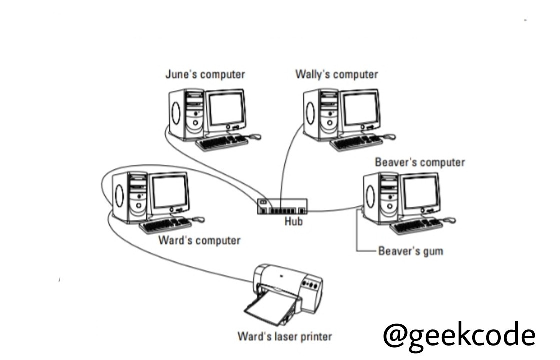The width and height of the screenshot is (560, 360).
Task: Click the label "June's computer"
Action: click(x=205, y=75)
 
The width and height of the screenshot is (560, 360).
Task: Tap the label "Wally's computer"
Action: click(x=336, y=75)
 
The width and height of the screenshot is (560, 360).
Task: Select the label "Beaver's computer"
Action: click(x=420, y=162)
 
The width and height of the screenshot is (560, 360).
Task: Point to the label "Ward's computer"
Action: click(x=199, y=240)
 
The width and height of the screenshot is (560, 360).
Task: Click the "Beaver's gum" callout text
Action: click(x=410, y=251)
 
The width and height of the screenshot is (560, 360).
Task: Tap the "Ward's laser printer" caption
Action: click(x=284, y=336)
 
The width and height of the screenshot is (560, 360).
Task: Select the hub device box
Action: click(x=282, y=206)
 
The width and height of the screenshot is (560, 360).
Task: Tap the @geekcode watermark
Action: click(x=459, y=334)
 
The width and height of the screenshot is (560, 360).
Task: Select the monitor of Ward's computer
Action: click(x=170, y=192)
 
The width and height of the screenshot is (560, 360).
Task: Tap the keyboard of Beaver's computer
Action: click(x=416, y=226)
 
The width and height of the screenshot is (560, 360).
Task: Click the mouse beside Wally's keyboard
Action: click(x=389, y=136)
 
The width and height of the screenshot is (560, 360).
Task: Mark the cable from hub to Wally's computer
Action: click(x=285, y=160)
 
